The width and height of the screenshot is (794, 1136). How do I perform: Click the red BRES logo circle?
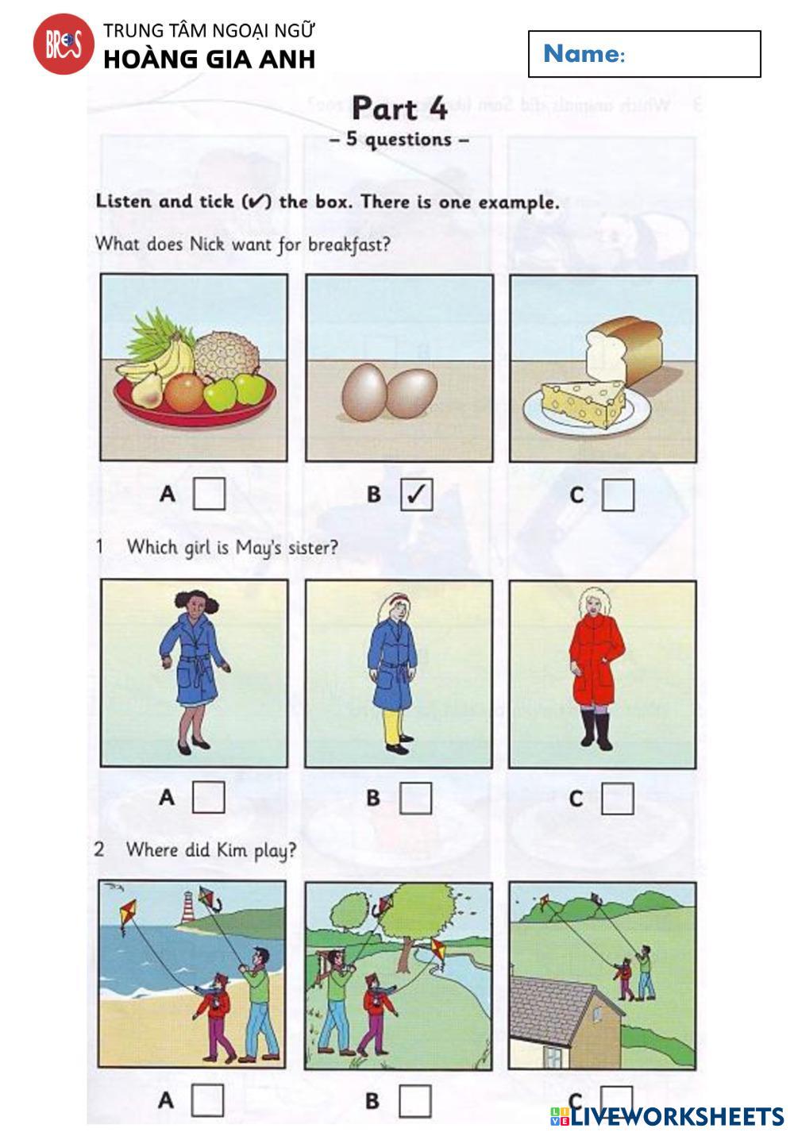click(64, 44)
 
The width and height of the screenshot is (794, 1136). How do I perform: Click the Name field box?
click(644, 54)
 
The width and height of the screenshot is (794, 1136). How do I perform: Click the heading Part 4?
click(400, 108)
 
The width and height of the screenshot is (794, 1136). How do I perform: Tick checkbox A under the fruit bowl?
click(209, 494)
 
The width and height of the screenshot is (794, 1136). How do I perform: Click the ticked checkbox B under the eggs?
click(417, 495)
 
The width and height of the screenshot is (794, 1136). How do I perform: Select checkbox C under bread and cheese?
click(618, 495)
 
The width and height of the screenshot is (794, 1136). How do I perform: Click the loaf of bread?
click(625, 349)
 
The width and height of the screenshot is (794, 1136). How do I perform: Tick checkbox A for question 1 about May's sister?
click(209, 798)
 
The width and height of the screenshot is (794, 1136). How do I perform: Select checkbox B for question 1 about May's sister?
click(415, 799)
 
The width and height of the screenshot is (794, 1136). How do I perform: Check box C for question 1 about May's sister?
click(617, 799)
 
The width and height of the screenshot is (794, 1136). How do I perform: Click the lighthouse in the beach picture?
click(188, 907)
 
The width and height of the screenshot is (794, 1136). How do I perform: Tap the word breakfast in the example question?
click(349, 245)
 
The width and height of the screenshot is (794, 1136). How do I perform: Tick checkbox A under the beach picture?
click(207, 1100)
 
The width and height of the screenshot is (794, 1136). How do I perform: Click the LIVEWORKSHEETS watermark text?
click(668, 1116)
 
